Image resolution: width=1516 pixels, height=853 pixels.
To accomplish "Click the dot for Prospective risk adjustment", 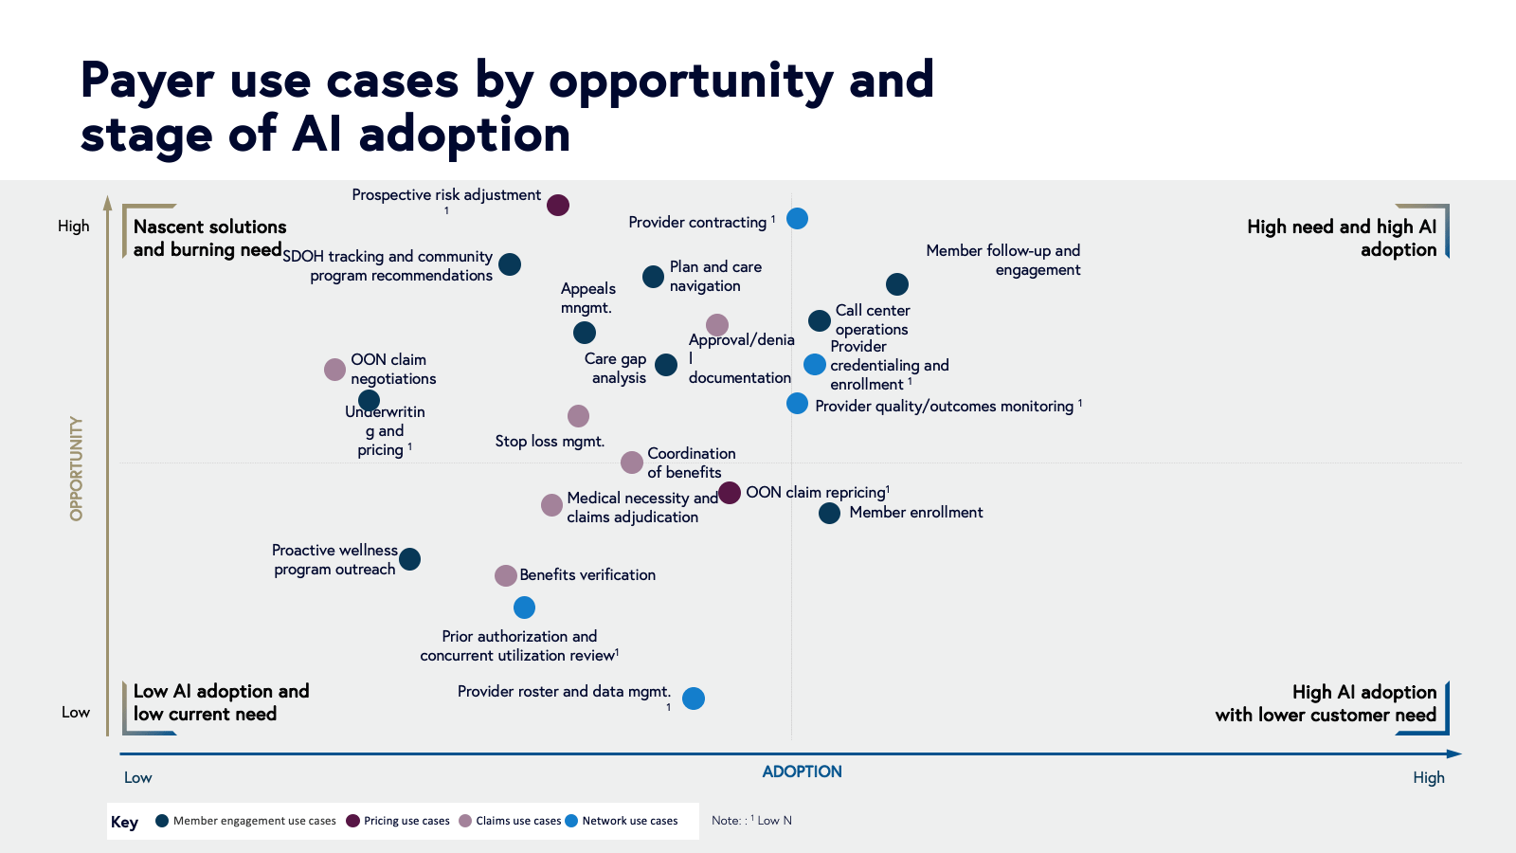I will [558, 206].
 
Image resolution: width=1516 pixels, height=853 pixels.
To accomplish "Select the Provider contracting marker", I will [798, 219].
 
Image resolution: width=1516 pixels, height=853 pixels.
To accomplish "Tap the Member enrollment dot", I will [829, 514].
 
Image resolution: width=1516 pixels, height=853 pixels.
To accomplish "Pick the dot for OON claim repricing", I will [729, 493].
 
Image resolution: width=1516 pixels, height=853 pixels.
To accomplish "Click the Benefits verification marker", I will [506, 575].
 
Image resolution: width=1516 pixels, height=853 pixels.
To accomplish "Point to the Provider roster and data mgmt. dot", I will [694, 699].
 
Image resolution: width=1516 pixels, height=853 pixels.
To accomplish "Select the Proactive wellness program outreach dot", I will [409, 559].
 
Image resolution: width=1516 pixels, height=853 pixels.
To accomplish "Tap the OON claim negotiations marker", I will [334, 370].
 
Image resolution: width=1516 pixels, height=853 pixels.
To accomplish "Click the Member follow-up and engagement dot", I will [897, 284].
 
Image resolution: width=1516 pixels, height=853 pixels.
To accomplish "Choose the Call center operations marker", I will [820, 321].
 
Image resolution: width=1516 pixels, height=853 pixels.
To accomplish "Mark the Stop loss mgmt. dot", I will [578, 416].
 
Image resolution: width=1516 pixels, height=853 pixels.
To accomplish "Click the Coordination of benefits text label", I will [691, 463].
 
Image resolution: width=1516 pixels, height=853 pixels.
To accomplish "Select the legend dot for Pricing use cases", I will [352, 821].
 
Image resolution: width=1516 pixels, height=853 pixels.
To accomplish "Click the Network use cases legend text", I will [629, 821].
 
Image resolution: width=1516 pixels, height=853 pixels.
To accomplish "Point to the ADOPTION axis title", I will [802, 771].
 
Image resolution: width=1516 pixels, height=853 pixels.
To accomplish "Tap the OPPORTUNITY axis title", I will [76, 468].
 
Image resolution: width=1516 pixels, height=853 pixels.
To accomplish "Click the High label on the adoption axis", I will [1428, 777].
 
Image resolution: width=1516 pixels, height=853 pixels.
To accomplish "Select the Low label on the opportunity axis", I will [76, 713].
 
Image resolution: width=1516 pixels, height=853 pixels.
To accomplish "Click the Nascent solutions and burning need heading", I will [208, 238].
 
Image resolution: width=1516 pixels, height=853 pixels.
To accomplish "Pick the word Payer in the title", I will [147, 80].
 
